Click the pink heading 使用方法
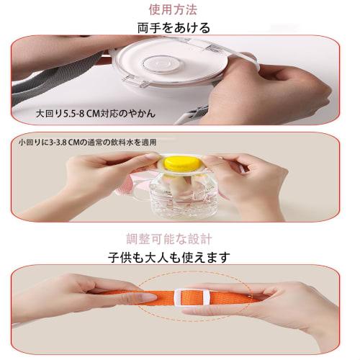173,10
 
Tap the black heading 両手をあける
174,27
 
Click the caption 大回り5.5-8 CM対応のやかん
96,113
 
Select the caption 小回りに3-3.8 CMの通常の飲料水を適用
88,143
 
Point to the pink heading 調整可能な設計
169,239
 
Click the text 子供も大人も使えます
169,257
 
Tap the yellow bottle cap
182,163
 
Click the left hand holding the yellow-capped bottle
96,178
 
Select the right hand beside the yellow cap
247,182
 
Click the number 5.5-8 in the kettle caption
73,114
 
